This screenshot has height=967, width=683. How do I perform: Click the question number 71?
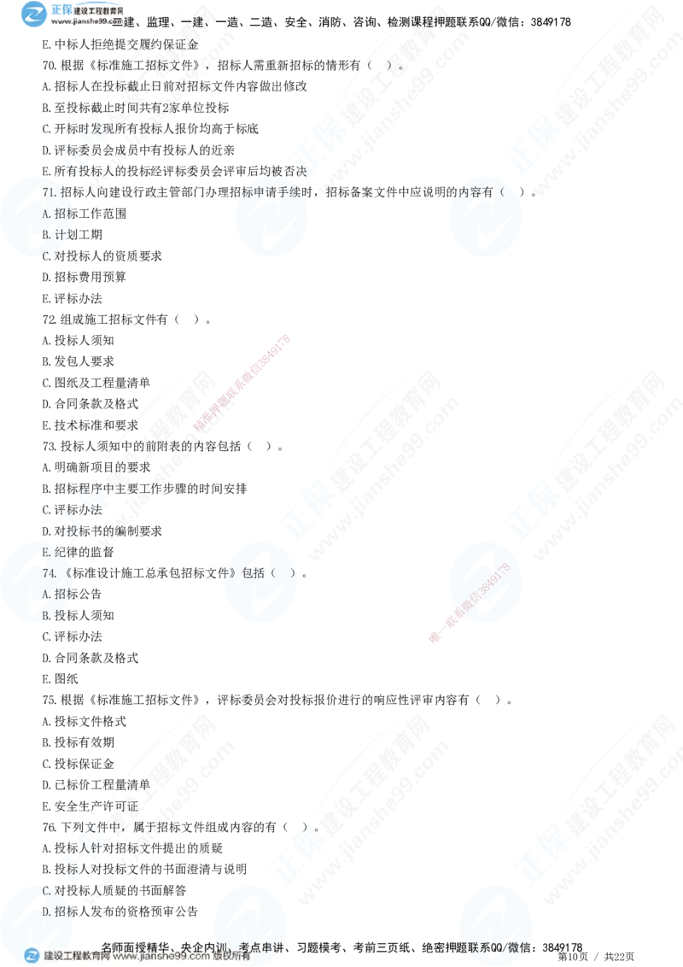point(50,192)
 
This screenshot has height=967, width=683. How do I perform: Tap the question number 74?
point(50,572)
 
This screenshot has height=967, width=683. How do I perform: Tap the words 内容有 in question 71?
point(478,192)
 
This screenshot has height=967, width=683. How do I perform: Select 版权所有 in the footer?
point(231,957)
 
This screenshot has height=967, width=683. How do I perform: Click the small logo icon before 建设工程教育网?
point(32,956)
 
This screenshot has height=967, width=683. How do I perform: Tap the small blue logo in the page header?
point(32,14)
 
